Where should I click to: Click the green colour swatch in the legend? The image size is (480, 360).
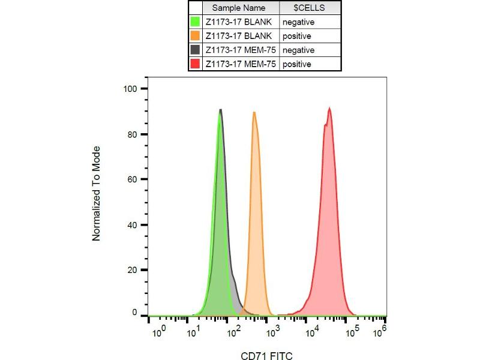(195, 22)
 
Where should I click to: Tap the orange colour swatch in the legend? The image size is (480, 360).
(195, 36)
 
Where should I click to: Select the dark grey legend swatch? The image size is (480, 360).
(195, 50)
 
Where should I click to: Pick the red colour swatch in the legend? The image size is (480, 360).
(195, 64)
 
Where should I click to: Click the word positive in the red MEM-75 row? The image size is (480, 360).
(298, 64)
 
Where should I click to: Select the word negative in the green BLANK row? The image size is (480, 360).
(299, 23)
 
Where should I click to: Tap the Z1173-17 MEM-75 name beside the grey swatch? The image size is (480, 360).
(240, 50)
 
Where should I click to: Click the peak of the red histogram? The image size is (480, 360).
(329, 109)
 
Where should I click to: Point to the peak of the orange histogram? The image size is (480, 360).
(254, 112)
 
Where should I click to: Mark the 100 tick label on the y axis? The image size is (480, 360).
(131, 89)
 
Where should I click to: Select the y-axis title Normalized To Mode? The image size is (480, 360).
(96, 193)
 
